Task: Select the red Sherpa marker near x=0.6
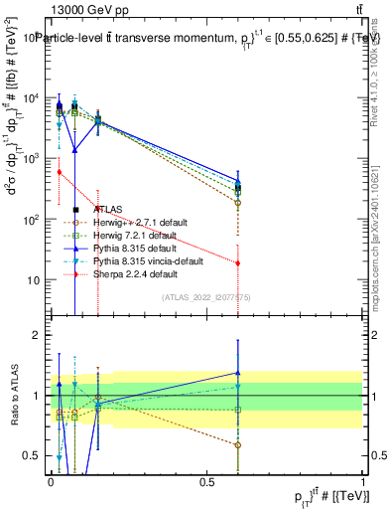click(237, 262)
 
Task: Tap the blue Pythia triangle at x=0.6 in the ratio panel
click(237, 373)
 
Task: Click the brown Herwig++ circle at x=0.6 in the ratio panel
click(237, 444)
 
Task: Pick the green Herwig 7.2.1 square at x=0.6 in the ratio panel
click(237, 410)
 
